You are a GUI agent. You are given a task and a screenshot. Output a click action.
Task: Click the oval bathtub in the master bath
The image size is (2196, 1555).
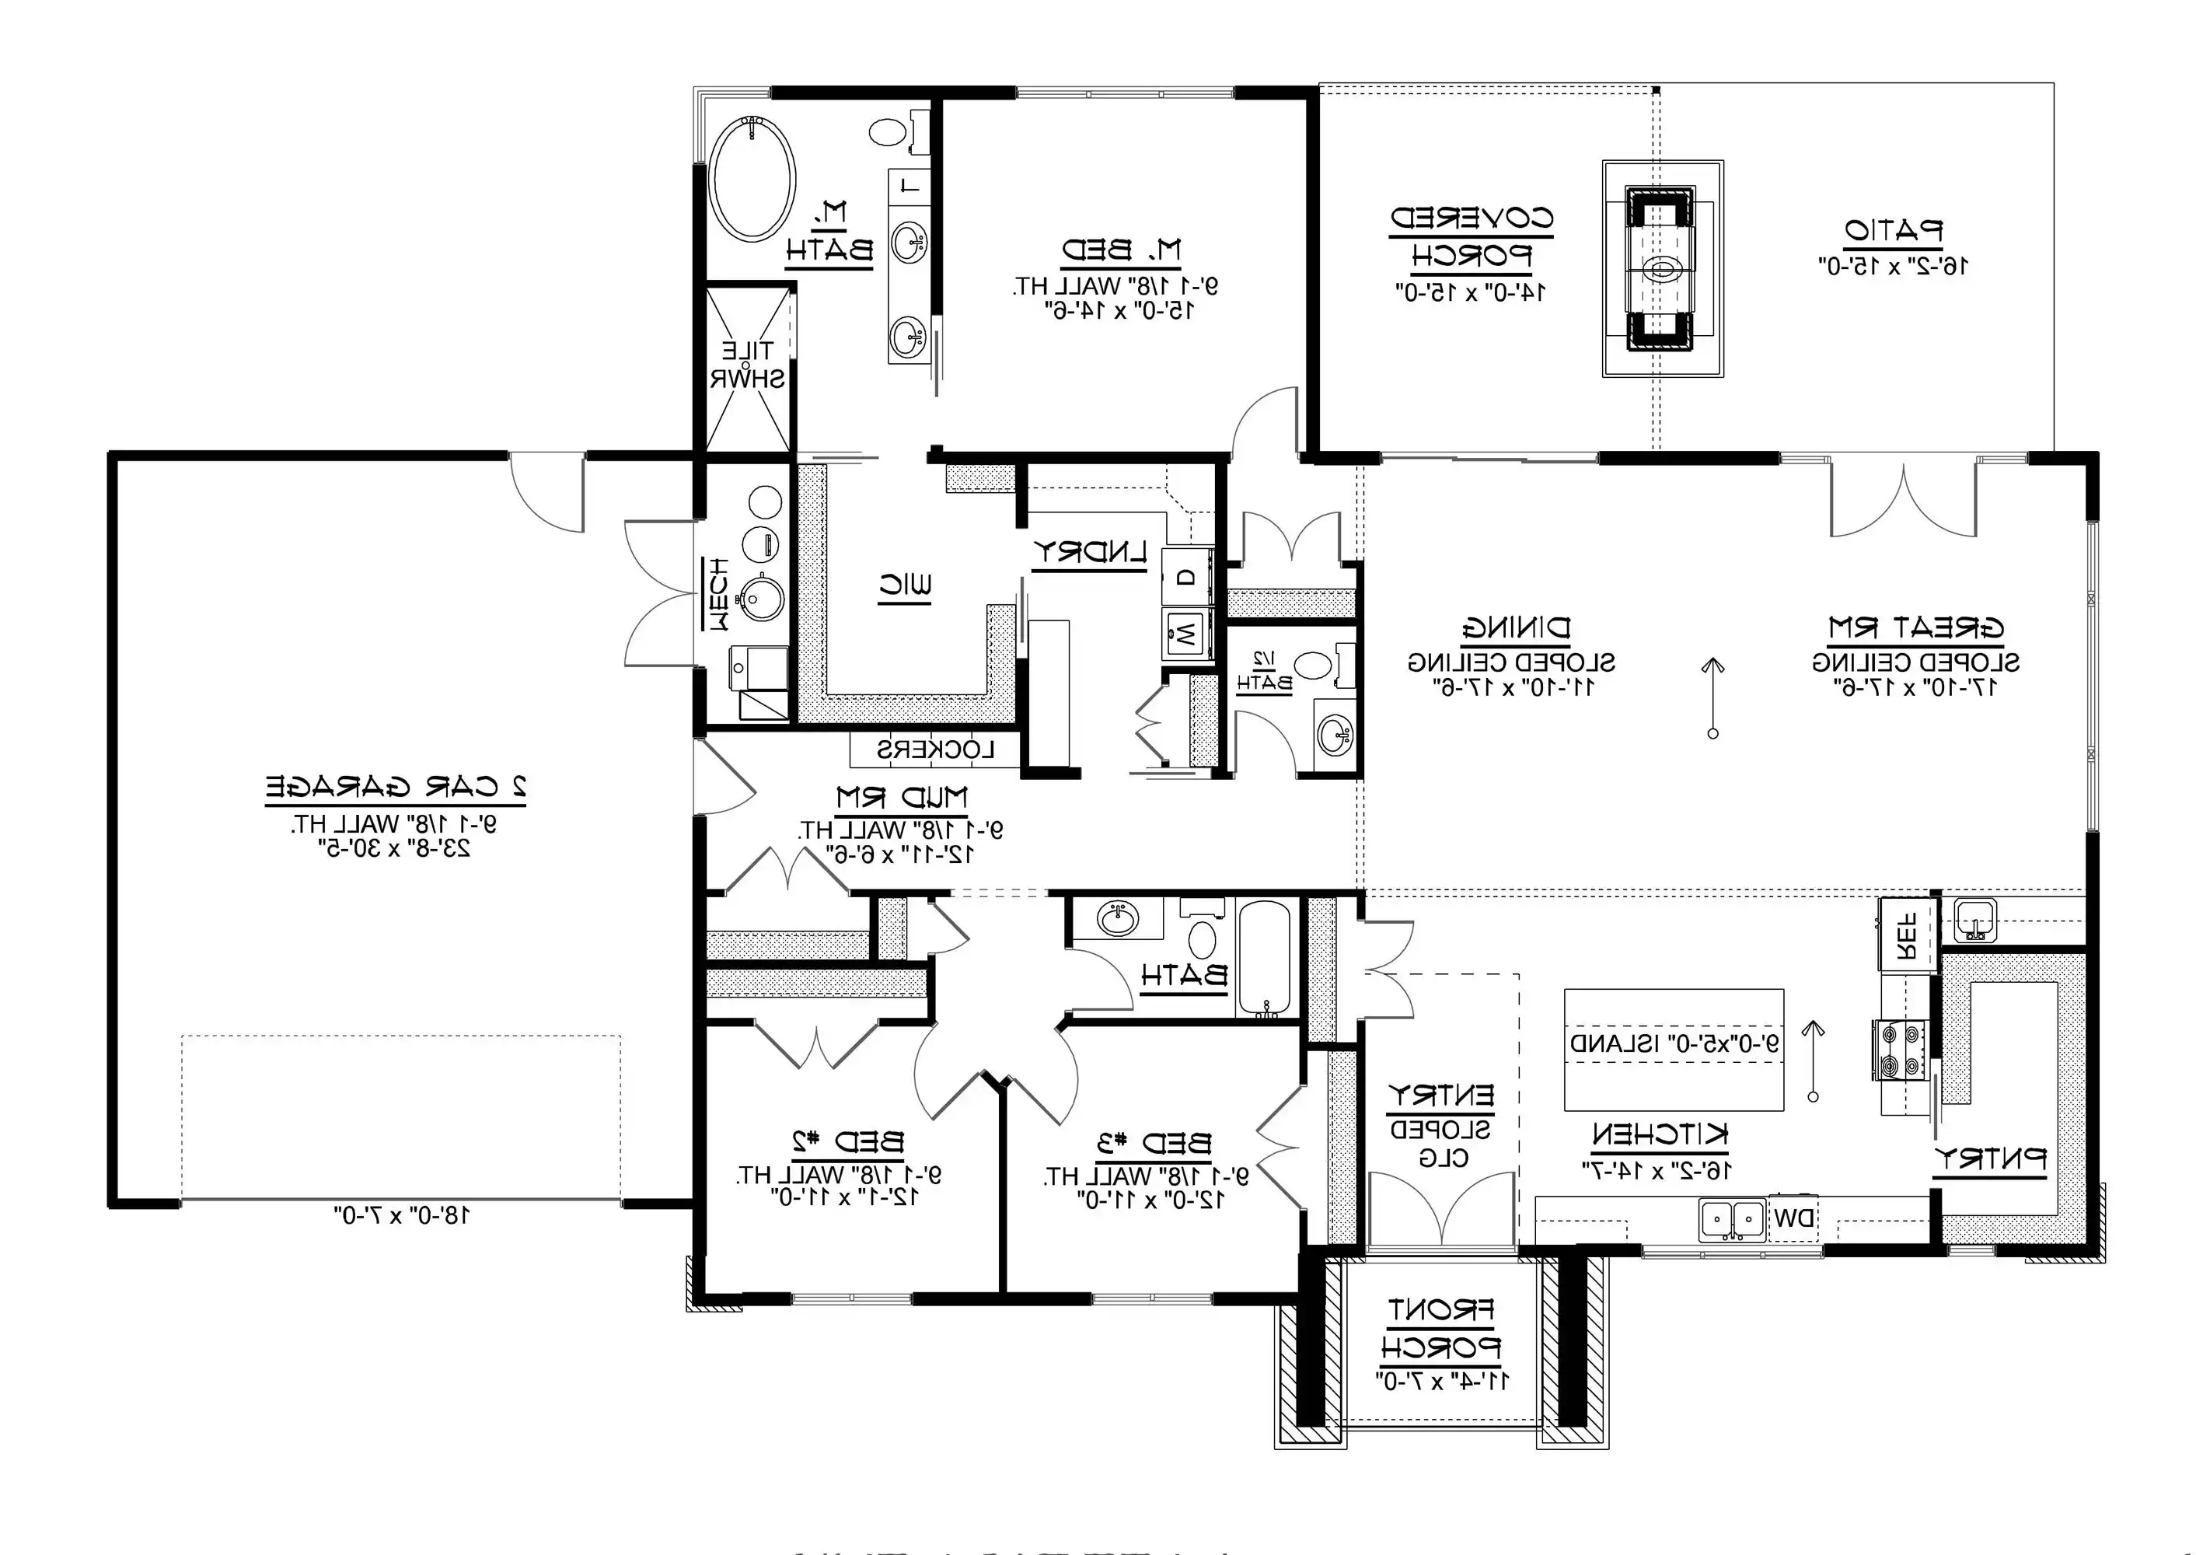pos(752,178)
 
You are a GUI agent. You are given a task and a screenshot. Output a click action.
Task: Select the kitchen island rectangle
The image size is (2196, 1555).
pos(1674,1050)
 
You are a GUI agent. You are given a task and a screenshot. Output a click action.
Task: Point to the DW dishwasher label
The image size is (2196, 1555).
pos(1793,1219)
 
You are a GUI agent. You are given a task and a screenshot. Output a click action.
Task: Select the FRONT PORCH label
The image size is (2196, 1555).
pos(1440,1328)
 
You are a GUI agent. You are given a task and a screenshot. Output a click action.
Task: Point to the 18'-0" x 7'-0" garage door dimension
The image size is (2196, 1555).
pos(402,1216)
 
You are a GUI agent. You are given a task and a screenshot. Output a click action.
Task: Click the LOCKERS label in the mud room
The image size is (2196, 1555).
pos(936,750)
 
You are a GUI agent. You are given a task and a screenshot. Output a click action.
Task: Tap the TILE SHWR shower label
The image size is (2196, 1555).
pos(747,365)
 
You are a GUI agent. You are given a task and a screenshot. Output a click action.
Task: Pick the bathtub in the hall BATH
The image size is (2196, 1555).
pos(1264,958)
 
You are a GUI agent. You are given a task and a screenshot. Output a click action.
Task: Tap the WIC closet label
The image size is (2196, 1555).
pos(905,585)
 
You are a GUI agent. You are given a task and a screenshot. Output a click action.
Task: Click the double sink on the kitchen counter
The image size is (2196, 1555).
pos(1733,1220)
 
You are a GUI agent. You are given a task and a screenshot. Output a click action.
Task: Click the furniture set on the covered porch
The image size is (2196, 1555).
pos(1662,269)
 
